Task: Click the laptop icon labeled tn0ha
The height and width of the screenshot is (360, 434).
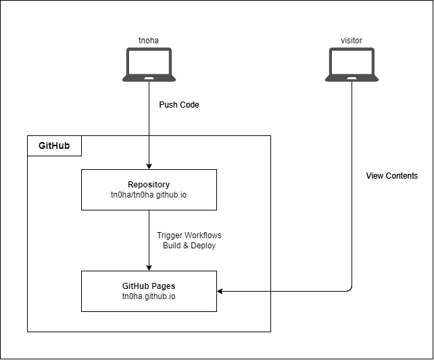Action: click(149, 64)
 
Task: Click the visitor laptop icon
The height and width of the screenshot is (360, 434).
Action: click(352, 64)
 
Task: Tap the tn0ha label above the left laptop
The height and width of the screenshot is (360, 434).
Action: click(149, 40)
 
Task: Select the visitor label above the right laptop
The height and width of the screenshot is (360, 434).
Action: click(352, 40)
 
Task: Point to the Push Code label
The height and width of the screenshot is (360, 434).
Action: click(179, 105)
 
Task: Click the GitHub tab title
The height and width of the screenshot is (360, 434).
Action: click(53, 145)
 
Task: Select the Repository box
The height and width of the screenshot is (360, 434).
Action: click(149, 189)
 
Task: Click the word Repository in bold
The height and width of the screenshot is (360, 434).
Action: click(149, 184)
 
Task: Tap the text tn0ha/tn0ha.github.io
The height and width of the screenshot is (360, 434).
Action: click(149, 196)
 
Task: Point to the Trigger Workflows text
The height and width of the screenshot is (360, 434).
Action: click(189, 235)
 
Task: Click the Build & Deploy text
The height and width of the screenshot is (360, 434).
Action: click(189, 246)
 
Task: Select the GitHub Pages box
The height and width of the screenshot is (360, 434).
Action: click(149, 291)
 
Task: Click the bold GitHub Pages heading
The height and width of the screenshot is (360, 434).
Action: click(149, 286)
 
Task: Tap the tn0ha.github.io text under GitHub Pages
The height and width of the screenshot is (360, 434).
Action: click(149, 296)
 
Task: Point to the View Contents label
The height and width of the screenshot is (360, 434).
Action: click(392, 176)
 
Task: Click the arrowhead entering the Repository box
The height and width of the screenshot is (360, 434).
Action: click(149, 166)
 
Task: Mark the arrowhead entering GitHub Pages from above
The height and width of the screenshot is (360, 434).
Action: click(149, 267)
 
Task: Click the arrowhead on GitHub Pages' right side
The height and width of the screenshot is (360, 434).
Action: click(220, 291)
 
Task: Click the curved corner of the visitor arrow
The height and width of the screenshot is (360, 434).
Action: click(349, 289)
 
